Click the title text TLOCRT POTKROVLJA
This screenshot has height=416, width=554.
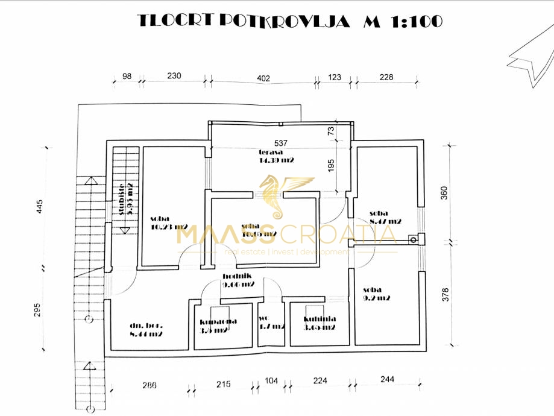(x=244, y=21)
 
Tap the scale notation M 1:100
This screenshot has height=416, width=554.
(x=403, y=21)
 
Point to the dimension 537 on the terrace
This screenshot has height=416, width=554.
(x=282, y=143)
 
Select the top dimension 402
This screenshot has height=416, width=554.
(x=263, y=77)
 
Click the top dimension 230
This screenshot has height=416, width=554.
(x=174, y=77)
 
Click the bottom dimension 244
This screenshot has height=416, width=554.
(x=388, y=379)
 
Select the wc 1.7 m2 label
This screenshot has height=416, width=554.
(x=271, y=323)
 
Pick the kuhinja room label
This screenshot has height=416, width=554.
(x=319, y=323)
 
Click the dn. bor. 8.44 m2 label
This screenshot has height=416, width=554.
(x=146, y=330)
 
